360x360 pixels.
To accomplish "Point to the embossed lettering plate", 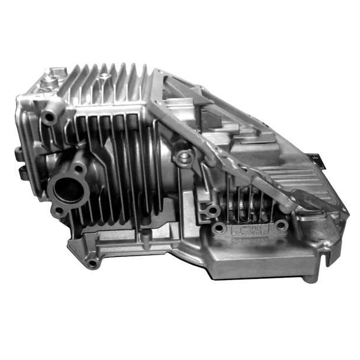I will click(250, 229).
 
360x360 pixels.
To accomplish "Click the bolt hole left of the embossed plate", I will click(220, 228).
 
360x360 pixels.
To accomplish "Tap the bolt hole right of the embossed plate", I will click(281, 226).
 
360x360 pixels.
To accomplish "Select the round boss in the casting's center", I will click(185, 157).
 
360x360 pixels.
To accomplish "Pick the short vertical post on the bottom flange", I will click(144, 237).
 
